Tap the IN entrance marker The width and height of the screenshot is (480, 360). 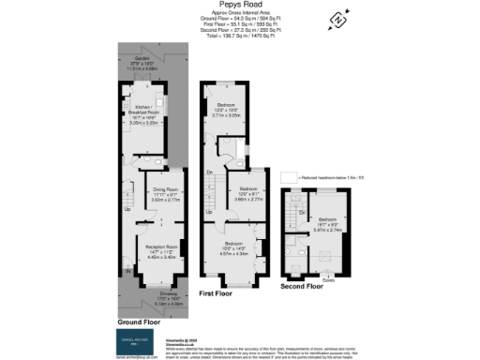click(128, 273)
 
